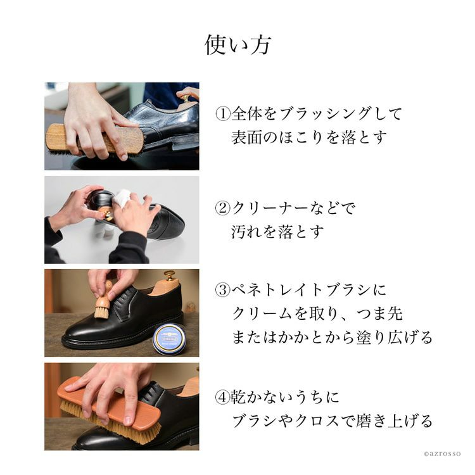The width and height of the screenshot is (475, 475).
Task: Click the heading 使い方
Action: pyautogui.click(x=237, y=45)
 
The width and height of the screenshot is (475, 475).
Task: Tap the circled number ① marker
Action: pyautogui.click(x=223, y=113)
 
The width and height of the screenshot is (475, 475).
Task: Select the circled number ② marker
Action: pyautogui.click(x=223, y=208)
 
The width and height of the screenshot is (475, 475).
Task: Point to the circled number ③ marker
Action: pyautogui.click(x=223, y=290)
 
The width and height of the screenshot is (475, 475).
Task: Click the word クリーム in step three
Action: pyautogui.click(x=262, y=314)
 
